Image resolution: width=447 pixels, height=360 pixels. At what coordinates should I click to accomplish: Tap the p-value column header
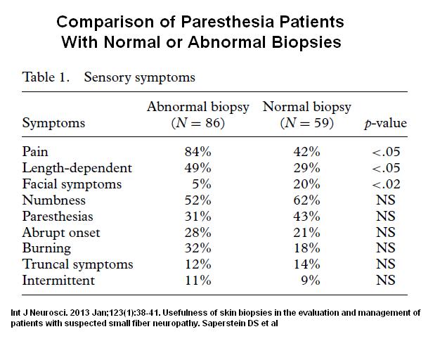pos(385,124)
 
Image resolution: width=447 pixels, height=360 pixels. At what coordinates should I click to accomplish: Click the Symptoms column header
pos(53,124)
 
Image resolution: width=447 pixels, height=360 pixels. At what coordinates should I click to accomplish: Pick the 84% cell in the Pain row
pos(197,151)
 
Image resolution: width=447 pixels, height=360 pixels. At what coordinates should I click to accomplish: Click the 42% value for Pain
pos(306,151)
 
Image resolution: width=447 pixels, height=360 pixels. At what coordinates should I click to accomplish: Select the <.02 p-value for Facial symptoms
pos(386,184)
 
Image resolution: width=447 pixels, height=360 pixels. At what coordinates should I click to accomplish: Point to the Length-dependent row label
pos(77,168)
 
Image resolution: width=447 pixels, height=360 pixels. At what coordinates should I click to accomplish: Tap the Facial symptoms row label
pos(72,184)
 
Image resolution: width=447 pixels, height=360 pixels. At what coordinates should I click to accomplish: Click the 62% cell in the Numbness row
pos(306,200)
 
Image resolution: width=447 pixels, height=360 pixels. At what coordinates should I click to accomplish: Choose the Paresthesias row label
pos(58,217)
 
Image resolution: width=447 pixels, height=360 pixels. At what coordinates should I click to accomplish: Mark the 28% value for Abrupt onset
pos(197,233)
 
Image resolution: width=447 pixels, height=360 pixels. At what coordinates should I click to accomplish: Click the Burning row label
pos(46,248)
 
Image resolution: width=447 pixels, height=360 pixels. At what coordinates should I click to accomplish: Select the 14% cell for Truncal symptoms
pos(306,264)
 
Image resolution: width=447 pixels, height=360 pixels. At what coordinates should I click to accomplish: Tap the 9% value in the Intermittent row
pos(311,281)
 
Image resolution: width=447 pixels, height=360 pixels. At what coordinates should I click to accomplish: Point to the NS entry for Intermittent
pos(386,280)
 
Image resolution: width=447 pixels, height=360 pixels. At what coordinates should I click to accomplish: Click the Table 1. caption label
pos(46,77)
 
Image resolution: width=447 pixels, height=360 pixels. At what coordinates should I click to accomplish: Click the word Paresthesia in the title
pos(227,22)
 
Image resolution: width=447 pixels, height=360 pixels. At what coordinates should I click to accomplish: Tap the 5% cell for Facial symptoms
pos(202,184)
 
